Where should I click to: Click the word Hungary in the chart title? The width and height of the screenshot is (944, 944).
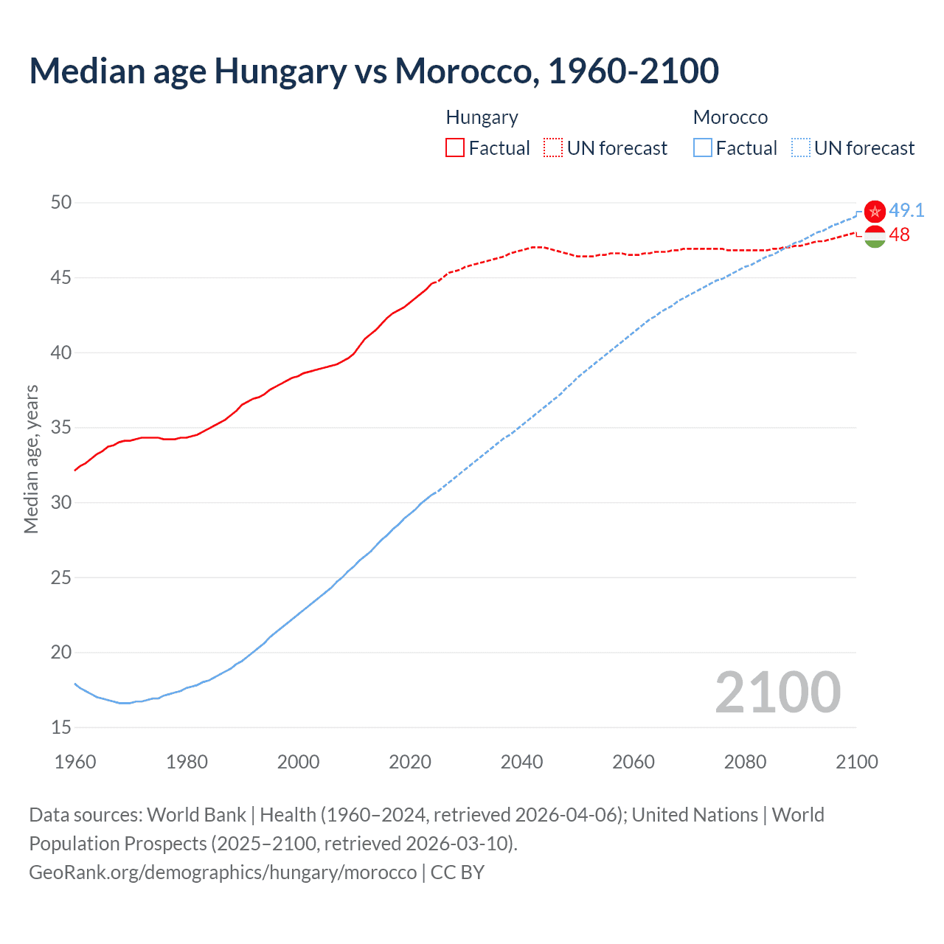tap(280, 72)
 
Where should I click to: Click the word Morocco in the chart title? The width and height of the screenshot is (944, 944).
tap(462, 72)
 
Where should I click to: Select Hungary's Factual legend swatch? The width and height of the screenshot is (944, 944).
tap(455, 148)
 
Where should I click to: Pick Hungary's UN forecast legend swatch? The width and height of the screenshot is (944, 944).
tap(552, 148)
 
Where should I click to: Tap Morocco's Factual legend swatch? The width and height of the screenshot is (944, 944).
tap(703, 148)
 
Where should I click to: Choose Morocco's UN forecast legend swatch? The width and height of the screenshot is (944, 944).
tap(800, 148)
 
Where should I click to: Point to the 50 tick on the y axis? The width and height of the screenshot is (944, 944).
tap(61, 203)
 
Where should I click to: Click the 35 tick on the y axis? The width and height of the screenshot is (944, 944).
tap(61, 428)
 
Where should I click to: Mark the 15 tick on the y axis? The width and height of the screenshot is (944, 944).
tap(61, 727)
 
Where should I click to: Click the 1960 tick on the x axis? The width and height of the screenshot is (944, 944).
tap(75, 762)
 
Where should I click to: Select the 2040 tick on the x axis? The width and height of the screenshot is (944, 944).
tap(521, 762)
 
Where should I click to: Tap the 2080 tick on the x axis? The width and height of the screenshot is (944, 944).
tap(745, 762)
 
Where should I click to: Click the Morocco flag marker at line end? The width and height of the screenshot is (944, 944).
tap(875, 212)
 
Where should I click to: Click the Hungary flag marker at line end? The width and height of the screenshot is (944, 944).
tap(875, 237)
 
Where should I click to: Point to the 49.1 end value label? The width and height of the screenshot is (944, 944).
tap(906, 210)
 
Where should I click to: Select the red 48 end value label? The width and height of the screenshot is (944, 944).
tap(900, 235)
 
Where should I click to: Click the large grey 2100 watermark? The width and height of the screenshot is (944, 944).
tap(777, 692)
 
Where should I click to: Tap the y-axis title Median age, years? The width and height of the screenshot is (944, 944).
tap(31, 459)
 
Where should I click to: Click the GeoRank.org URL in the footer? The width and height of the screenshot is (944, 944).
tap(223, 872)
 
